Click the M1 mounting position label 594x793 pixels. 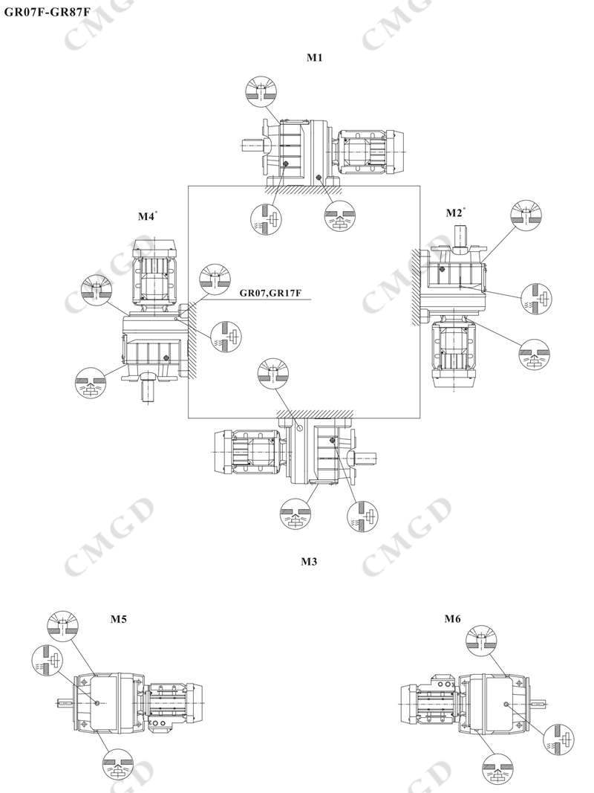click(315, 58)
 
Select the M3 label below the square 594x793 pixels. click(309, 562)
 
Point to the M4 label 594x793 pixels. click(146, 217)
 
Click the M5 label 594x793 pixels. click(118, 619)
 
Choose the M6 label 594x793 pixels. click(453, 619)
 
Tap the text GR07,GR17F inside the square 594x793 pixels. click(270, 293)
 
